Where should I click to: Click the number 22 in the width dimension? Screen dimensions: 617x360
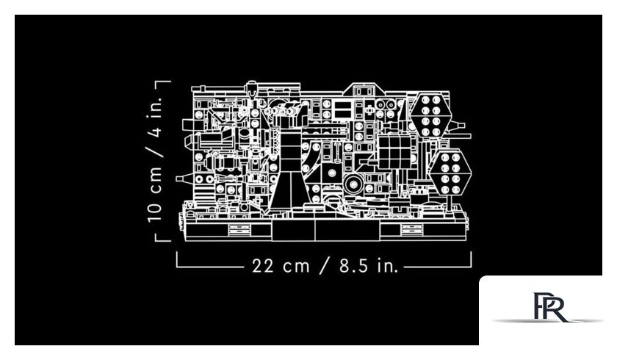262,266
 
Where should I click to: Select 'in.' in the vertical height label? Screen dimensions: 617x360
155,107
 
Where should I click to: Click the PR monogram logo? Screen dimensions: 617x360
549,307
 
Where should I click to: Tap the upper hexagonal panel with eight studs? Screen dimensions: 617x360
430,115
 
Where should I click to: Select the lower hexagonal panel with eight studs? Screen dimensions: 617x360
450,173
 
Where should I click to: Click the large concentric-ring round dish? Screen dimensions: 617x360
353,184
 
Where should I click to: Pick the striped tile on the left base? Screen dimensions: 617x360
239,230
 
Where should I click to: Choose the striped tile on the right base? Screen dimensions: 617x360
411,229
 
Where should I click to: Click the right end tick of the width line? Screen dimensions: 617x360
471,259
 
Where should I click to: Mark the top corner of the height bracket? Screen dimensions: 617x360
156,82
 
